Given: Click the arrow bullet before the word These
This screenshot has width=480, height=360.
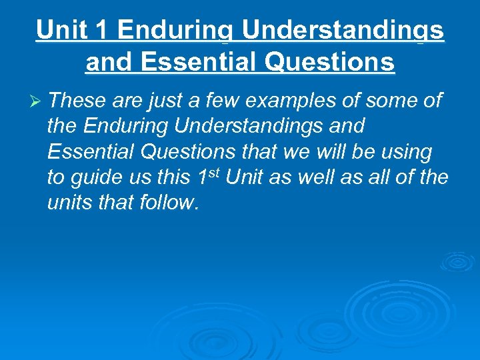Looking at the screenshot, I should pyautogui.click(x=37, y=101).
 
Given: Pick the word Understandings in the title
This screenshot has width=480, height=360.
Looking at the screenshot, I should pyautogui.click(x=343, y=31).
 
